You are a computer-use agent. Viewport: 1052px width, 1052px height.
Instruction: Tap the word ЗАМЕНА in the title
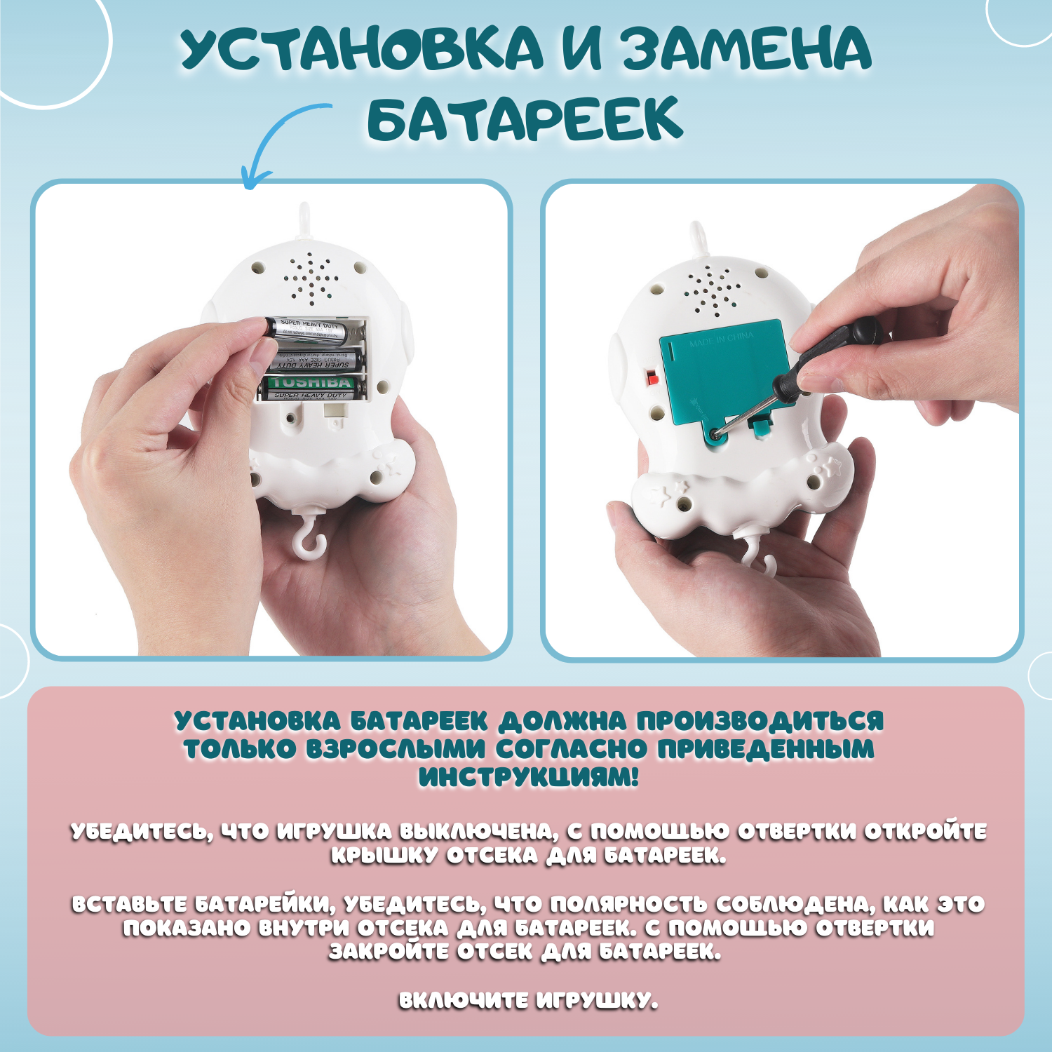pyautogui.click(x=747, y=49)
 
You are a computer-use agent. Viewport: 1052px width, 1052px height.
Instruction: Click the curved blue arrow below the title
pyautogui.click(x=277, y=140)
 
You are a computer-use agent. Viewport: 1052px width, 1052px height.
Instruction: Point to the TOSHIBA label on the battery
pyautogui.click(x=312, y=383)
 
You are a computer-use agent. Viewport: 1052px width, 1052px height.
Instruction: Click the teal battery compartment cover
pyautogui.click(x=722, y=372)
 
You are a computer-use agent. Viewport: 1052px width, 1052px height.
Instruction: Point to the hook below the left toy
pyautogui.click(x=309, y=537)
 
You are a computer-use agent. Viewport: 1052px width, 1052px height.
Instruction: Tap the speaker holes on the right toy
pyautogui.click(x=711, y=290)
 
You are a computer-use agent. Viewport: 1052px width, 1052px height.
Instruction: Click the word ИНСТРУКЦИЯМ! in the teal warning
pyautogui.click(x=528, y=777)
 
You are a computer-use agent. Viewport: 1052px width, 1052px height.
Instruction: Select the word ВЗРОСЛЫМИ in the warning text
pyautogui.click(x=395, y=749)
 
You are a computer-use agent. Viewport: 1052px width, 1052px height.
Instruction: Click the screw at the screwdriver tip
pyautogui.click(x=715, y=435)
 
